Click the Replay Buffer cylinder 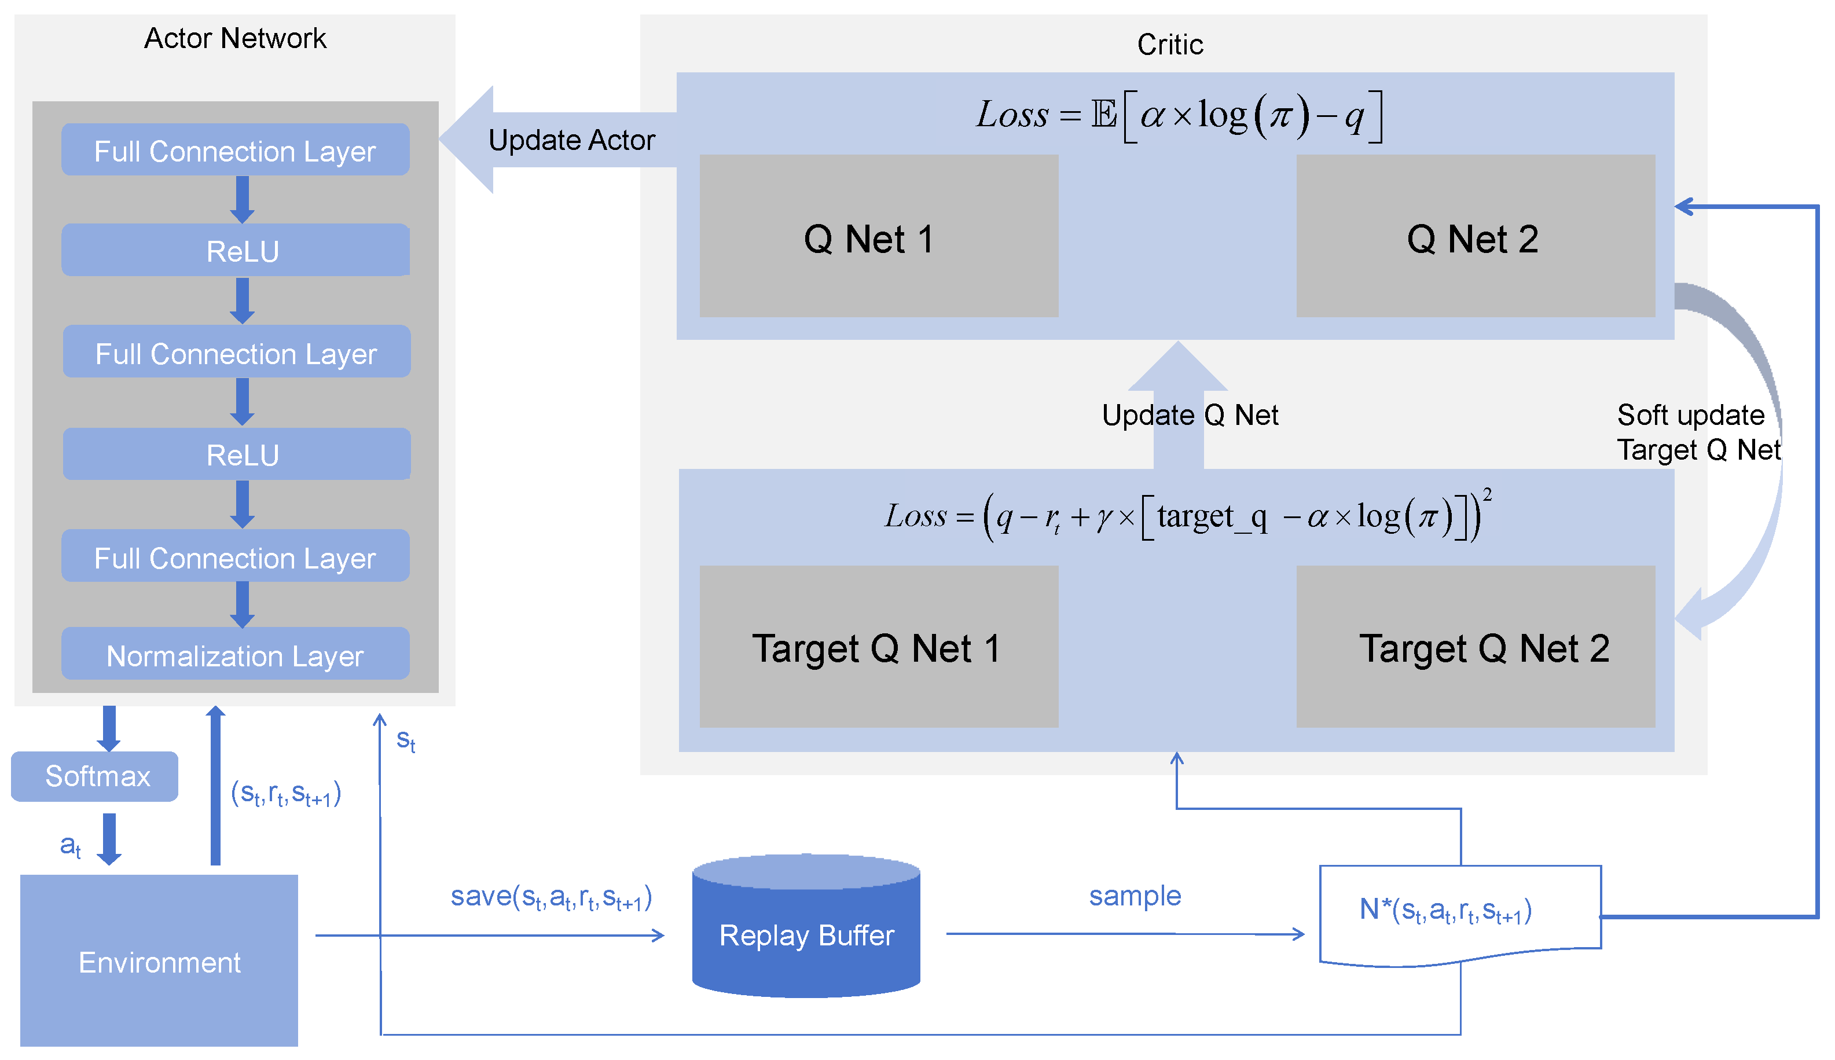click(806, 933)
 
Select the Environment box click(159, 960)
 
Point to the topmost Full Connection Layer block click(235, 150)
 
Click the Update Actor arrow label click(571, 140)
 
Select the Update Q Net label click(1190, 415)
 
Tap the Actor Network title click(235, 38)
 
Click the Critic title click(1170, 45)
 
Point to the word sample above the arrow click(1134, 896)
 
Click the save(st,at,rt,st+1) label click(550, 897)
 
